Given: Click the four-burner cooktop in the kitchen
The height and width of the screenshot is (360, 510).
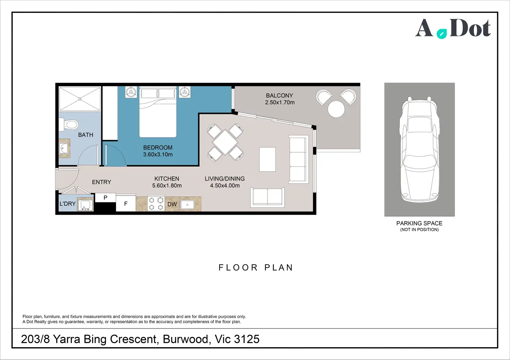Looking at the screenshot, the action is click(156, 203).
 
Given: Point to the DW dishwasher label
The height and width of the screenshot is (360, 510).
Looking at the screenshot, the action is click(172, 204).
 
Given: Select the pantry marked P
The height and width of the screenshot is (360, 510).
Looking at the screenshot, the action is click(105, 197).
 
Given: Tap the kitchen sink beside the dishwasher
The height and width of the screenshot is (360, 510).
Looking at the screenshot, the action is click(187, 205).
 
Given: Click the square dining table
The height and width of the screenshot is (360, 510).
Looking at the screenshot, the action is click(225, 142).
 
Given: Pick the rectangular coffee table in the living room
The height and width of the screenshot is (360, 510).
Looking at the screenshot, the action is click(267, 159).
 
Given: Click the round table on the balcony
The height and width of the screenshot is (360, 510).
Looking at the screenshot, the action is click(336, 109).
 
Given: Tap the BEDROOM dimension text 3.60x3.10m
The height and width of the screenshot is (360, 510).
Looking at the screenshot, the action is click(158, 154).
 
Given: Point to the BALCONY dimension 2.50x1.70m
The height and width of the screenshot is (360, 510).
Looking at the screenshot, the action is click(280, 102).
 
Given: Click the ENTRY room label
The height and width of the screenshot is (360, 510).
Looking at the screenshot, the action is click(102, 182).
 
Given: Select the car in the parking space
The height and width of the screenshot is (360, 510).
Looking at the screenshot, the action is click(419, 149).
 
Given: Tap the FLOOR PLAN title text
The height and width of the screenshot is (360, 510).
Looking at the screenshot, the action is click(256, 268).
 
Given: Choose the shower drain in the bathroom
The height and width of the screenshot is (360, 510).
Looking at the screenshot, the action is click(80, 99).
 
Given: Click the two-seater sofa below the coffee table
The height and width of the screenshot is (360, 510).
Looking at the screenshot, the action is click(267, 197).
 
